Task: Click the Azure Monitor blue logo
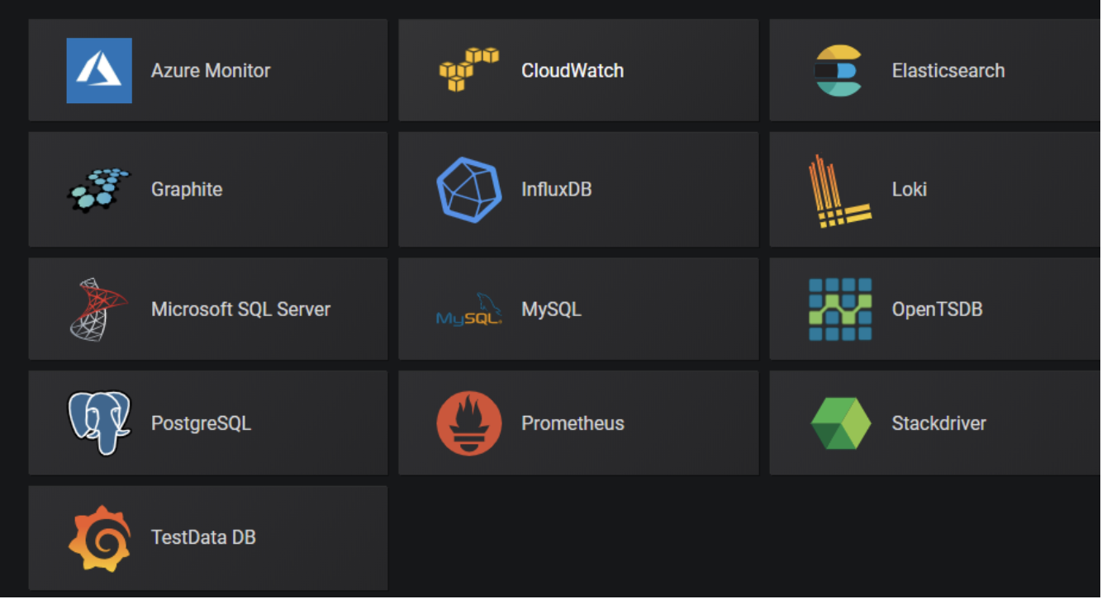click(99, 70)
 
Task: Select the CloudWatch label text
click(572, 71)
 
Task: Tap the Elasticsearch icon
click(838, 71)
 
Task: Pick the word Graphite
click(187, 189)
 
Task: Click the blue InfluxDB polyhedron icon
click(469, 189)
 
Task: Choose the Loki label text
click(909, 189)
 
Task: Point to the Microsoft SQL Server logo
click(99, 309)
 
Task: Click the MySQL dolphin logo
click(469, 310)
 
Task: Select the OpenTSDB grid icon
click(839, 309)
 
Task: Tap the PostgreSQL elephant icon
click(99, 422)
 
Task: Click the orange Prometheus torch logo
click(469, 423)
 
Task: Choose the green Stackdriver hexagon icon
click(840, 423)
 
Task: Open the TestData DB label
click(203, 537)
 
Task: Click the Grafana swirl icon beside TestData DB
click(99, 538)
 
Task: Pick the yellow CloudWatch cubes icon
click(468, 69)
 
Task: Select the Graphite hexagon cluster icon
click(99, 190)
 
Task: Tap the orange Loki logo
click(838, 191)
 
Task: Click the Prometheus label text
click(572, 423)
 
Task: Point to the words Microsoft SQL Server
click(240, 309)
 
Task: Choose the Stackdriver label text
click(938, 423)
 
